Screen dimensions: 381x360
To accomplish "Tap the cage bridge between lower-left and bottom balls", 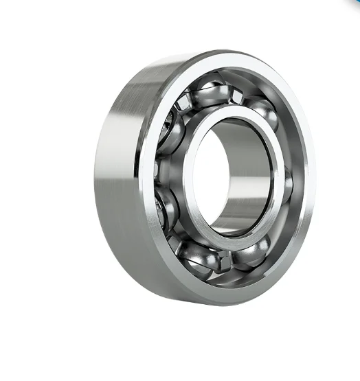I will (177, 240).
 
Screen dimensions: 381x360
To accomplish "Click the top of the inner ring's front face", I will (230, 114).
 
